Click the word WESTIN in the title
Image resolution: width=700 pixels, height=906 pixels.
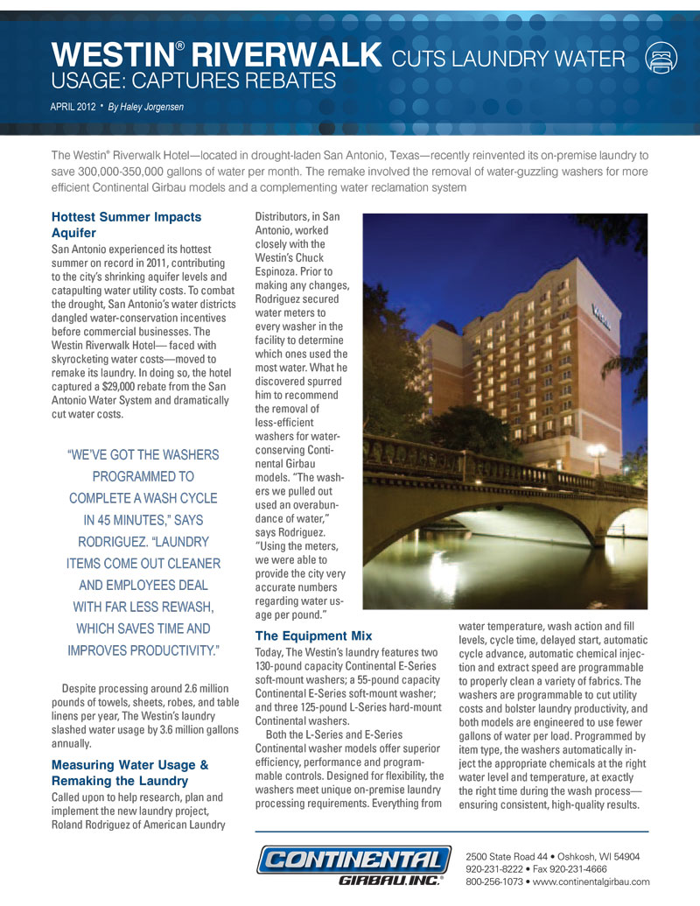click(x=112, y=56)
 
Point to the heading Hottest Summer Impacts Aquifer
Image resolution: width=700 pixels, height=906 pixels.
click(x=126, y=224)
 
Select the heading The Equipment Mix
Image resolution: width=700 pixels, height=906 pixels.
click(x=313, y=635)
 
